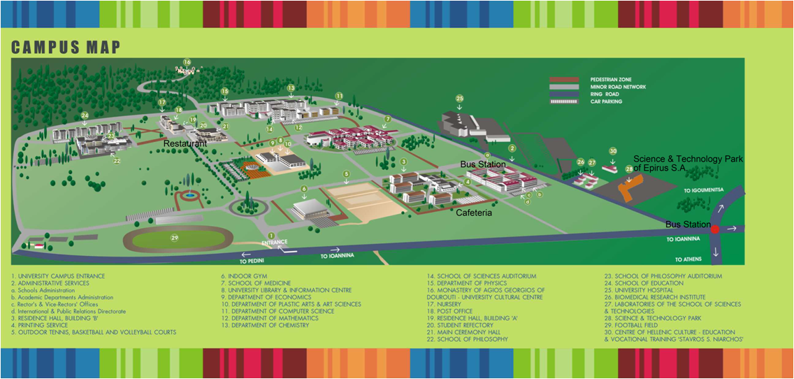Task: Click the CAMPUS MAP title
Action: (66, 48)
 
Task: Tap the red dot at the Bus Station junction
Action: (715, 229)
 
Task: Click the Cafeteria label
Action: (474, 212)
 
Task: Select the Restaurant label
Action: (185, 143)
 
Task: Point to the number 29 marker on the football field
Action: (175, 238)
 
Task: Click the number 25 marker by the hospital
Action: (459, 98)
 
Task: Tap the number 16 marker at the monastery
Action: (187, 62)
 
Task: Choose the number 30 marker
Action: (613, 151)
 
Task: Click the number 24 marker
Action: (85, 115)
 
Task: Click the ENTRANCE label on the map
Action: (274, 243)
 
